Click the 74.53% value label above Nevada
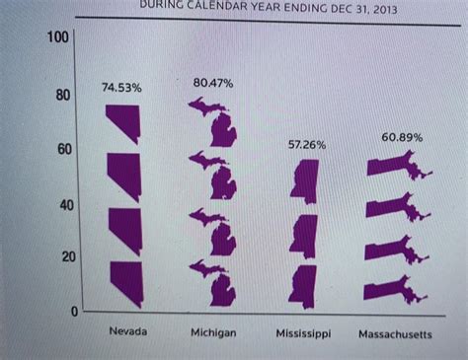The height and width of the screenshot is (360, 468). click(x=123, y=89)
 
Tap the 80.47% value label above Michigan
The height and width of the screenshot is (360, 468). click(x=213, y=84)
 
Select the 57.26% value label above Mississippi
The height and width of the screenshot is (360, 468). click(x=307, y=144)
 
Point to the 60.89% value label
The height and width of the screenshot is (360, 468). click(x=402, y=137)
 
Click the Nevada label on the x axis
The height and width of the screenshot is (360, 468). click(x=127, y=331)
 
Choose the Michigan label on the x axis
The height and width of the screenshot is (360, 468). click(x=213, y=333)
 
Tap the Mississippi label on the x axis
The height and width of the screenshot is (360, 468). click(x=303, y=334)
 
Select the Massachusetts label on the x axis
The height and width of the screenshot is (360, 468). click(x=395, y=334)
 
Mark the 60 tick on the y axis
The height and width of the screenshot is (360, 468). click(x=61, y=149)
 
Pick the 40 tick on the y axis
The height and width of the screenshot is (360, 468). click(x=61, y=204)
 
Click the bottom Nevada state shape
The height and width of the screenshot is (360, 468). click(x=126, y=282)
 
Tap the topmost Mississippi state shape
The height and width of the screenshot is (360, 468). click(x=304, y=182)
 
